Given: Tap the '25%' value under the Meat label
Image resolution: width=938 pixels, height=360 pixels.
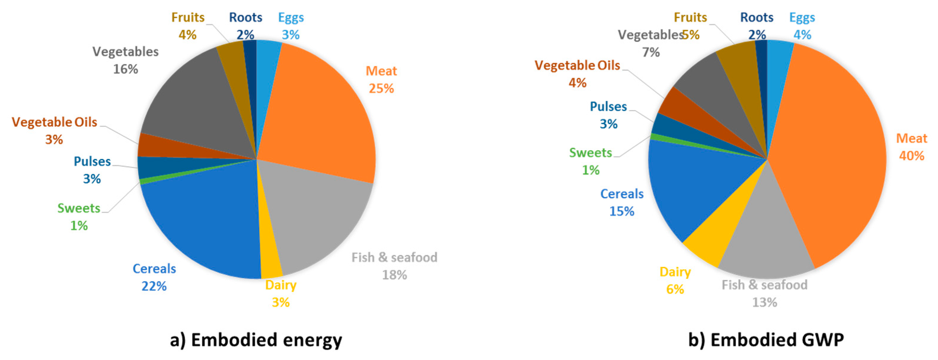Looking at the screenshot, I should coord(381,89).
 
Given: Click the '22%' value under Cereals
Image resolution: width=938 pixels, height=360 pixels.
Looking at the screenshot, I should coord(154,287).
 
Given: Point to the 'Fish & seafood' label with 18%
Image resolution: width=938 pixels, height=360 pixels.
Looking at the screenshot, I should coord(394,258).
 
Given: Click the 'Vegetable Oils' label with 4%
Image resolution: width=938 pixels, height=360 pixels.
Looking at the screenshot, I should coord(577,65).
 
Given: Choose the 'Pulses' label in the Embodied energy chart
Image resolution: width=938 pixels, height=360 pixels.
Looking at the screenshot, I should coord(92,161).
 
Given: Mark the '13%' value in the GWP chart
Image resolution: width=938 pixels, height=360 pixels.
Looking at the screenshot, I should coord(765,303).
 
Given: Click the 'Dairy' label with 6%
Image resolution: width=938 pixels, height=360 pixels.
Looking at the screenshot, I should coord(675,272).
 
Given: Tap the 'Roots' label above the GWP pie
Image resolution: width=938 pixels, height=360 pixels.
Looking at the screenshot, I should coord(757,17).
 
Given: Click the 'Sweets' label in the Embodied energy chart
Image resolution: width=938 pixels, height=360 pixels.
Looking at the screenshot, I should coord(79,208).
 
